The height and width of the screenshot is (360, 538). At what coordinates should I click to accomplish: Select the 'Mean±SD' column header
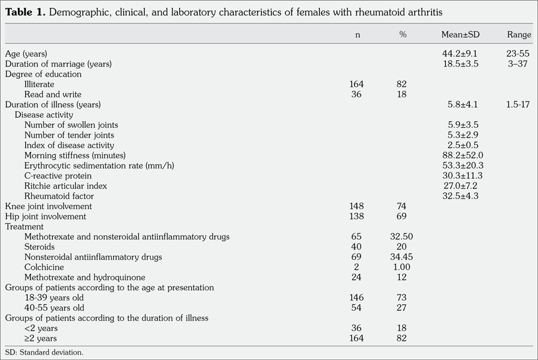(460, 35)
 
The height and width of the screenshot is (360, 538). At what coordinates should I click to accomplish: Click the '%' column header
(402, 35)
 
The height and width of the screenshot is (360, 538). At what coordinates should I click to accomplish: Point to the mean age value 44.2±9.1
(460, 54)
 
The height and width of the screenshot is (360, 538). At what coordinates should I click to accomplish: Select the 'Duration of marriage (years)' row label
(59, 64)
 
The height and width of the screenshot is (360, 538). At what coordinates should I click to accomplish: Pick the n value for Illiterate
(357, 84)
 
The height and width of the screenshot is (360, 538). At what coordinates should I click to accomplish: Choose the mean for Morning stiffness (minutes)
(460, 155)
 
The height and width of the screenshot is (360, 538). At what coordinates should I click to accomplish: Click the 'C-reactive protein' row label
(58, 176)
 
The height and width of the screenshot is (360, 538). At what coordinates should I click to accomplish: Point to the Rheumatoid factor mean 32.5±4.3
(460, 196)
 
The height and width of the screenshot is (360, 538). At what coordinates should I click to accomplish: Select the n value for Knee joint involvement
(357, 206)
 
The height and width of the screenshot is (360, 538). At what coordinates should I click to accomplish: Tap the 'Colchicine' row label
(44, 267)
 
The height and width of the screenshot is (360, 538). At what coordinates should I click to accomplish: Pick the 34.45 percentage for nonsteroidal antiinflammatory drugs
(402, 257)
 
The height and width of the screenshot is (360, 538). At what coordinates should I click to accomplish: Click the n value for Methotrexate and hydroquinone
(357, 277)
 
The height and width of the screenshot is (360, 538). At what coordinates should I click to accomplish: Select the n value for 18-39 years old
(357, 298)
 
